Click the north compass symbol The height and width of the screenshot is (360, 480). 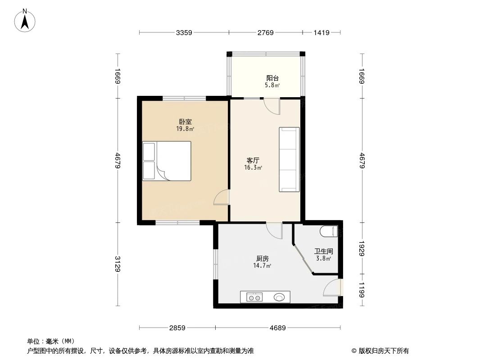pyautogui.click(x=25, y=20)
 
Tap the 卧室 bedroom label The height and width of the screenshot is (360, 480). pyautogui.click(x=185, y=122)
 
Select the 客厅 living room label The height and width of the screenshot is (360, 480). pyautogui.click(x=253, y=160)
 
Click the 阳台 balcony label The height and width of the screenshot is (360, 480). pyautogui.click(x=272, y=78)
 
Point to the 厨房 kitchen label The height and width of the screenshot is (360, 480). pyautogui.click(x=263, y=259)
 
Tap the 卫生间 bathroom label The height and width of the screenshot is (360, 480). pyautogui.click(x=323, y=252)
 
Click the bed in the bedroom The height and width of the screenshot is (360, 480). pyautogui.click(x=167, y=161)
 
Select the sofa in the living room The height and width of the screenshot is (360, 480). pyautogui.click(x=289, y=159)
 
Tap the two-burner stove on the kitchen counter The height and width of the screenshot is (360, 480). pyautogui.click(x=254, y=297)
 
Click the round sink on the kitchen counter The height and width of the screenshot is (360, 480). pyautogui.click(x=280, y=297)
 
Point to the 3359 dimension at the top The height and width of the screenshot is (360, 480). pyautogui.click(x=184, y=32)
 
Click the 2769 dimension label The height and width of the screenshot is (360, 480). pyautogui.click(x=266, y=32)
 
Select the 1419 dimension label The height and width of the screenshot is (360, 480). pyautogui.click(x=322, y=32)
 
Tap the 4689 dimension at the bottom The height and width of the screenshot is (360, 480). pyautogui.click(x=278, y=328)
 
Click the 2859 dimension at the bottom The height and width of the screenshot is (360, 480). pyautogui.click(x=177, y=328)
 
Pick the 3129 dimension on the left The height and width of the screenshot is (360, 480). pyautogui.click(x=118, y=264)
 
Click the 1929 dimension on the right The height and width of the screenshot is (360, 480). pyautogui.click(x=362, y=247)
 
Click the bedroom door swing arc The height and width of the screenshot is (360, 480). pyautogui.click(x=221, y=198)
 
